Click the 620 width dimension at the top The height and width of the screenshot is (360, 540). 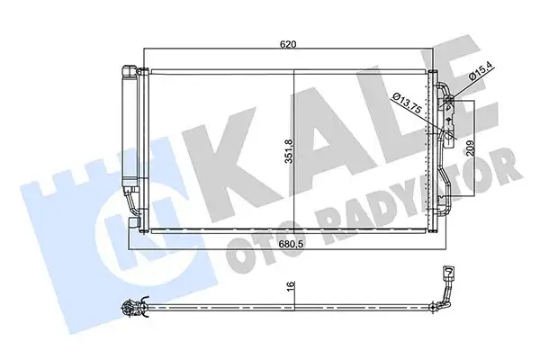click(x=287, y=42)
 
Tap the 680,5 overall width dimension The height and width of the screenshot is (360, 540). click(x=287, y=242)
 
